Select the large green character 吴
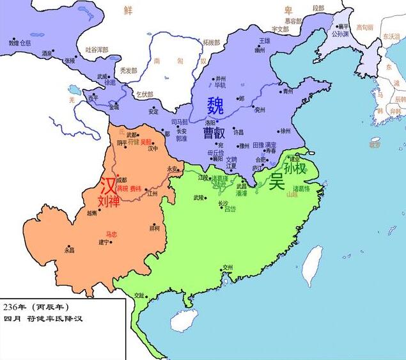276,180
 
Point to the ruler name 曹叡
214,133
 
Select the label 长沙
223,203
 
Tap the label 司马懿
180,121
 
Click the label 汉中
153,148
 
